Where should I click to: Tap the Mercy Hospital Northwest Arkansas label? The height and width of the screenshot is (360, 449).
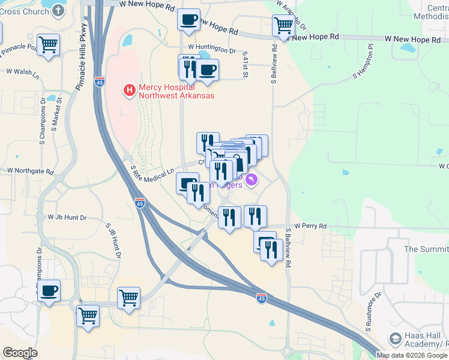tap(176, 91)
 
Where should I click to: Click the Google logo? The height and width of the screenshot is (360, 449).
tap(20, 353)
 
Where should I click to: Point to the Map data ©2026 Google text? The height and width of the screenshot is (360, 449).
tap(412, 355)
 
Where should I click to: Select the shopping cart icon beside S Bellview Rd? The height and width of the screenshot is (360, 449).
tap(283, 26)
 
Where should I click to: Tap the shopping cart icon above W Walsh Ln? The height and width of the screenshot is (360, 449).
tap(48, 44)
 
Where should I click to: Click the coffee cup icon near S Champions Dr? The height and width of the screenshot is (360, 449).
tap(49, 291)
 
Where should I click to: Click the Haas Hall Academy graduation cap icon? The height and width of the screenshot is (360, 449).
tap(396, 340)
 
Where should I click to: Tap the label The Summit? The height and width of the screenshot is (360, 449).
tap(426, 249)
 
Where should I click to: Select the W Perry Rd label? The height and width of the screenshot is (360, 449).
tap(310, 226)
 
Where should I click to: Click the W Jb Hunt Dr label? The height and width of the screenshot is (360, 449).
tap(67, 217)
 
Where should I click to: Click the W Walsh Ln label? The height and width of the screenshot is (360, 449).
tap(22, 71)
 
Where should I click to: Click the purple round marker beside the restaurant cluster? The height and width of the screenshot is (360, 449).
tap(252, 179)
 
